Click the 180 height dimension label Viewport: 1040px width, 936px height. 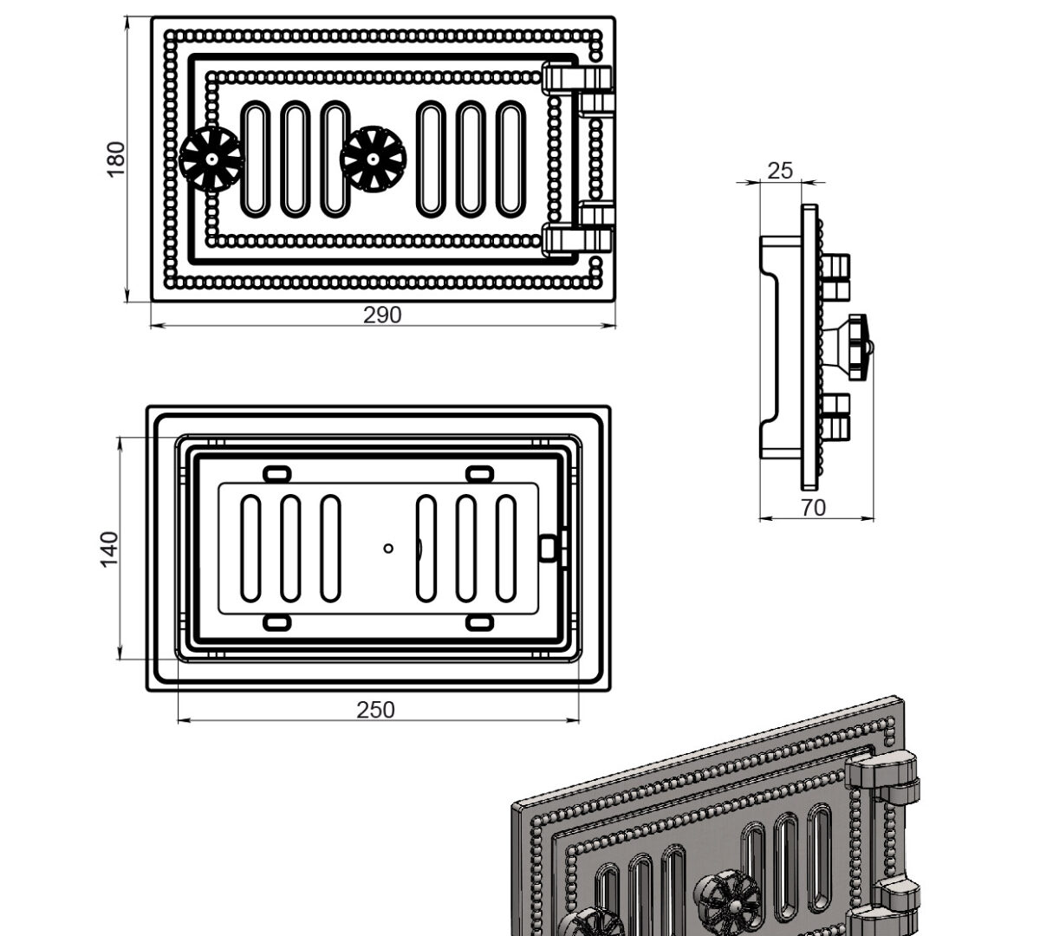116,159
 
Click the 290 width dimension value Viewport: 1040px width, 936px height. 382,315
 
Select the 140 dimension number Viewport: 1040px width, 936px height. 109,549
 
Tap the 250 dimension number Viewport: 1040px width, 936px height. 375,710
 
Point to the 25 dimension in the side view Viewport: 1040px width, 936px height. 780,171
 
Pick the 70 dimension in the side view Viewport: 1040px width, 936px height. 813,508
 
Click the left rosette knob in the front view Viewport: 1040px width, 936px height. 211,159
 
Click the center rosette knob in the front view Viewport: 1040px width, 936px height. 374,159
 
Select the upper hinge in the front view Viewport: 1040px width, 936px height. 578,88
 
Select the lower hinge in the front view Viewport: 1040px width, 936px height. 578,228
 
